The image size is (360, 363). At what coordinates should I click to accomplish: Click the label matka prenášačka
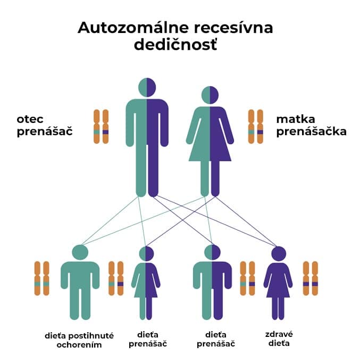(x=311, y=125)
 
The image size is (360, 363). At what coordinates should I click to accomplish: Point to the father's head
(x=147, y=87)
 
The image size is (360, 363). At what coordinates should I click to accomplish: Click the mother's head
(x=210, y=95)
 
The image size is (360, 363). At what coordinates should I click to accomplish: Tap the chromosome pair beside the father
(x=101, y=127)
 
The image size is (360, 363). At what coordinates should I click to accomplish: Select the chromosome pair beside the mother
(x=256, y=127)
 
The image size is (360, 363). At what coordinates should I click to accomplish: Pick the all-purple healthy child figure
(x=278, y=285)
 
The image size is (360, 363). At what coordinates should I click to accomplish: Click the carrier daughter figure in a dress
(x=146, y=285)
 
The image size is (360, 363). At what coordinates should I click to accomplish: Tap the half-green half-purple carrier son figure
(x=212, y=285)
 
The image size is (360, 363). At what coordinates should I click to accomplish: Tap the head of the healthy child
(x=278, y=253)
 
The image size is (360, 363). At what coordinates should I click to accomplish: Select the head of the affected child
(x=80, y=252)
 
